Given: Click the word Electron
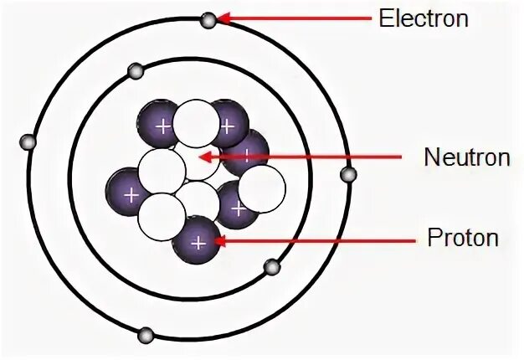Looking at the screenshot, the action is [x=423, y=18].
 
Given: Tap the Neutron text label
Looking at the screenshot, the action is [x=467, y=157].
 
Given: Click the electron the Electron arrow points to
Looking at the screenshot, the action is [x=208, y=20].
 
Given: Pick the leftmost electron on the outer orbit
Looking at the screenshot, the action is [x=28, y=141].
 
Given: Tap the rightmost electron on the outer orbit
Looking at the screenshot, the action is [x=348, y=174].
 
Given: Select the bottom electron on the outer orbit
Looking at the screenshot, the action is [x=146, y=336].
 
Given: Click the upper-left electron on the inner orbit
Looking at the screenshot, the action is [x=134, y=70].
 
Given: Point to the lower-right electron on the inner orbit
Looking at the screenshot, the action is [x=271, y=267].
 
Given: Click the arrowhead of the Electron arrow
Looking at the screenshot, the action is [x=224, y=18].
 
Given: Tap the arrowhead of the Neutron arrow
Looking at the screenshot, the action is [x=203, y=156].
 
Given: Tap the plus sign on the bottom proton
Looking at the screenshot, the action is [x=198, y=243].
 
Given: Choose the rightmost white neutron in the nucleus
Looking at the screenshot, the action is [x=262, y=188].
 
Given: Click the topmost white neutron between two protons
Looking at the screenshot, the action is [x=195, y=122].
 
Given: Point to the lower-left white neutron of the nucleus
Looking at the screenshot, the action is [x=162, y=216].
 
